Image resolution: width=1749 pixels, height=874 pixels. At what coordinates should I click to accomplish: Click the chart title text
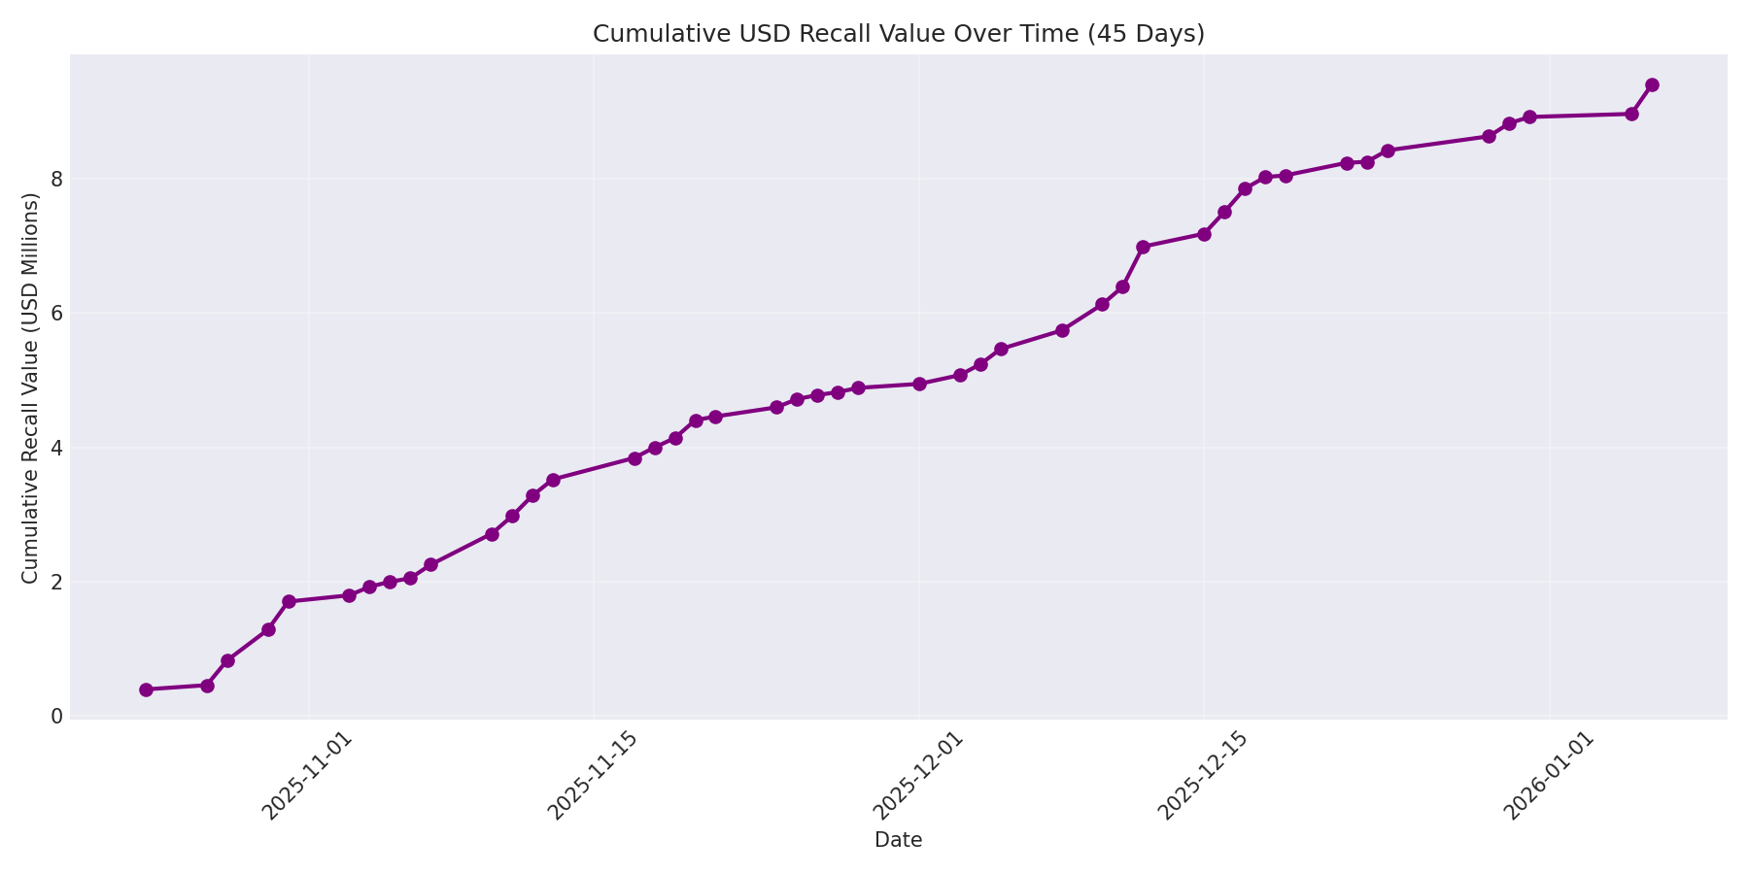(x=898, y=34)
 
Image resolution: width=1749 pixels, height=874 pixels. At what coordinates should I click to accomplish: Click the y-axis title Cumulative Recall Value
(x=31, y=388)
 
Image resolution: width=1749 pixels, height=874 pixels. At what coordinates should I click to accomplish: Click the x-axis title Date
(x=898, y=840)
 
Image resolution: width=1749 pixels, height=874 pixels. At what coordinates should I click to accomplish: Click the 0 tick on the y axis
(x=56, y=717)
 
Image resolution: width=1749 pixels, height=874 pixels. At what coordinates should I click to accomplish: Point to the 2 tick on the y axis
(x=56, y=583)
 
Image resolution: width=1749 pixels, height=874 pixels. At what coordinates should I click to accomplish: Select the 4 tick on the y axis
(x=56, y=448)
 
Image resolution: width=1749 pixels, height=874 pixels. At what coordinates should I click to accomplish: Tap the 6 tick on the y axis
(x=56, y=314)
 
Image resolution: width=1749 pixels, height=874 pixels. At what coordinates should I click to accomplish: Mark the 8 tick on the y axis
(x=56, y=180)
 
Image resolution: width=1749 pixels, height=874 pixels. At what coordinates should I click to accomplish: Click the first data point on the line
(x=146, y=689)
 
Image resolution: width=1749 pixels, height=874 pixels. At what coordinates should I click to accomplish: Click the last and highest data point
(x=1652, y=84)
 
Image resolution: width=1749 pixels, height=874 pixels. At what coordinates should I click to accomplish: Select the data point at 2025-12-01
(x=919, y=384)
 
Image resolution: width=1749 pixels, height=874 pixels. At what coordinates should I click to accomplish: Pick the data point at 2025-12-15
(x=1204, y=234)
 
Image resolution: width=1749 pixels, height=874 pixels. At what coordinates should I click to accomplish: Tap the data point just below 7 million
(x=1143, y=247)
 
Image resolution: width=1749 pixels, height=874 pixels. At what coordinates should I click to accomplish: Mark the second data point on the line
(x=207, y=686)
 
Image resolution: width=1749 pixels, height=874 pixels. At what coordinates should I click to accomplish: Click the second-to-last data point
(x=1631, y=114)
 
